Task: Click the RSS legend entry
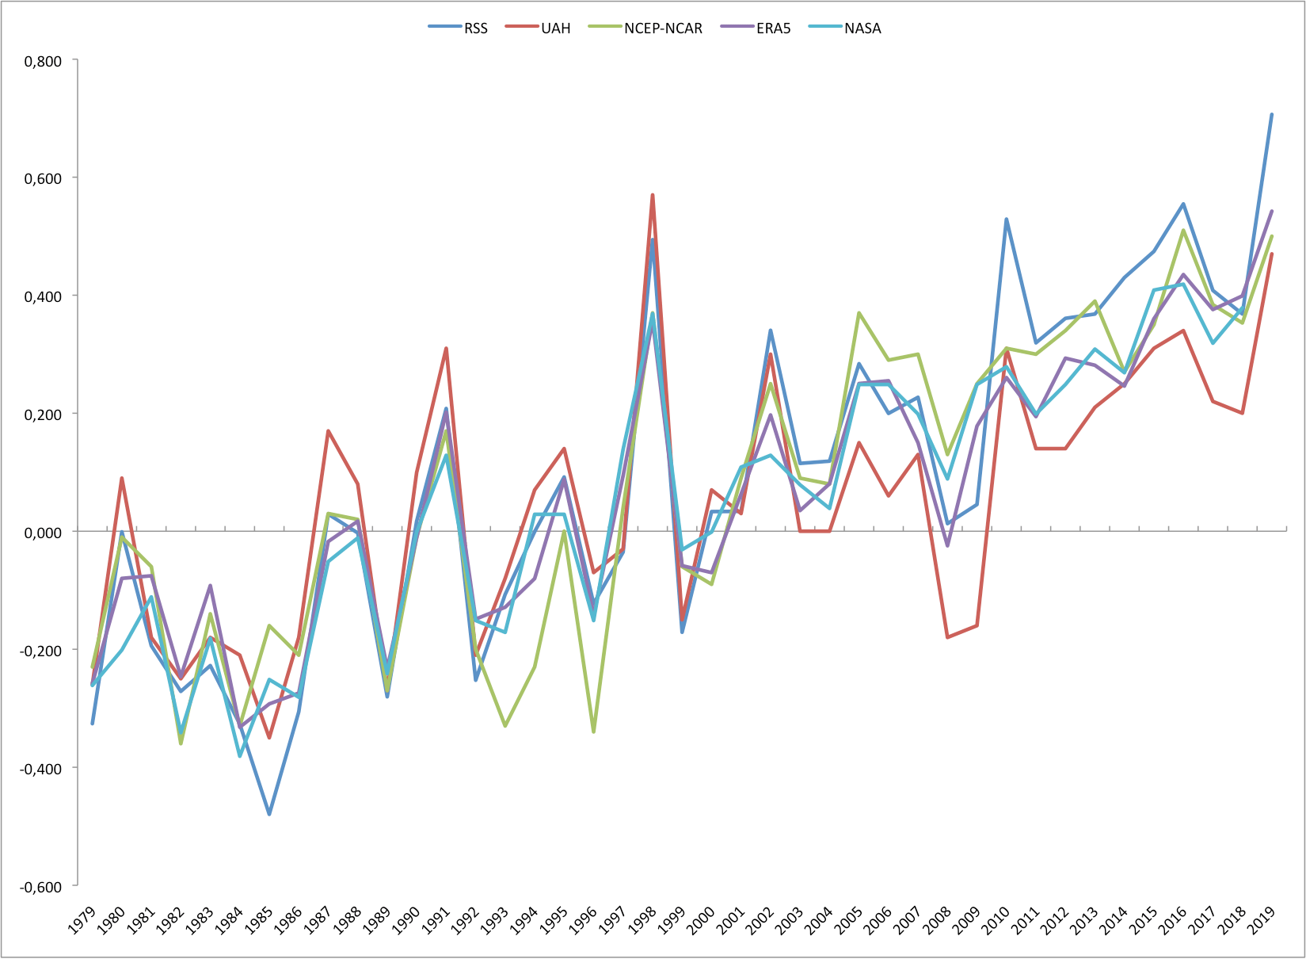pyautogui.click(x=459, y=29)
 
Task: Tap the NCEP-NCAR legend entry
pyautogui.click(x=646, y=29)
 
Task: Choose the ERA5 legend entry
pyautogui.click(x=756, y=29)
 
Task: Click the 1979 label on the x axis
pyautogui.click(x=82, y=921)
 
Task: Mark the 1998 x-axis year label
pyautogui.click(x=642, y=921)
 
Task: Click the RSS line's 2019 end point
pyautogui.click(x=1272, y=114)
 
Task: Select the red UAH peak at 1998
pyautogui.click(x=653, y=195)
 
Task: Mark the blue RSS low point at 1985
pyautogui.click(x=269, y=814)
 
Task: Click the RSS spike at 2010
pyautogui.click(x=1007, y=220)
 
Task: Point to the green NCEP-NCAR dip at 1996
pyautogui.click(x=593, y=732)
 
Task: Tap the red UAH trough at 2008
pyautogui.click(x=947, y=637)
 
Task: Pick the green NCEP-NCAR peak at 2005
pyautogui.click(x=859, y=313)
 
